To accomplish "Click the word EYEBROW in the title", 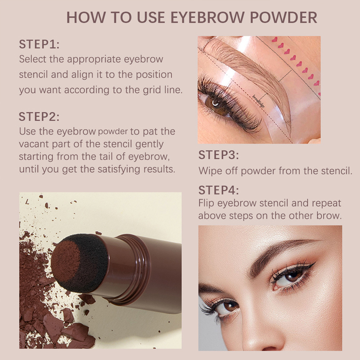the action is (x=207, y=17).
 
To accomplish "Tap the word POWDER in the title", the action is (x=283, y=17).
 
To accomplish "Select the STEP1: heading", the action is (x=39, y=44).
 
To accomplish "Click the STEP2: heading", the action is (x=39, y=117).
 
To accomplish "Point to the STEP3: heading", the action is (x=219, y=155).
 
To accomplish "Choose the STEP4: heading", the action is (x=219, y=190).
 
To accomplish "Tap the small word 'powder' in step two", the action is (x=113, y=132).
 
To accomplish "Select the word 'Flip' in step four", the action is (x=207, y=203).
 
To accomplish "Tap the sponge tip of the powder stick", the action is (x=80, y=263).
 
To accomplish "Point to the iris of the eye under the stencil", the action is (x=216, y=104).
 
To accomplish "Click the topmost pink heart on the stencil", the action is (x=274, y=40).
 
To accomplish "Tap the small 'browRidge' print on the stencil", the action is (x=258, y=101).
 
